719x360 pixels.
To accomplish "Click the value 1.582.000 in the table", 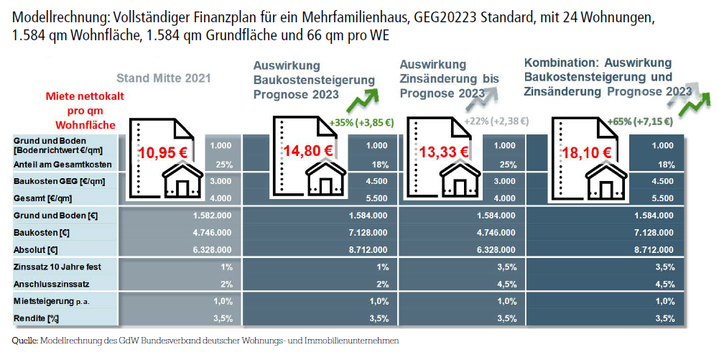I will [213, 216].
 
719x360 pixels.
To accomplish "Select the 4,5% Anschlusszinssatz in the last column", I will [664, 283].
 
